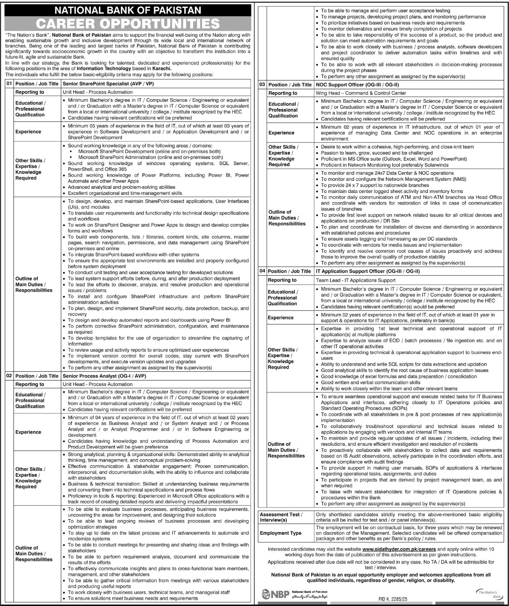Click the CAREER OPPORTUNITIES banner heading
[x=128, y=24]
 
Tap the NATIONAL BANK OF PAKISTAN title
[x=128, y=10]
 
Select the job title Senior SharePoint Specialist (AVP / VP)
[x=108, y=84]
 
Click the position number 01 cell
[x=9, y=83]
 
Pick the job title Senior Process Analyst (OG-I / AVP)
[x=104, y=376]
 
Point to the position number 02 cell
[x=9, y=376]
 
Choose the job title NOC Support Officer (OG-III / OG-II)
[x=357, y=85]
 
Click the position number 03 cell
[x=262, y=85]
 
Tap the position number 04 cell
[x=262, y=271]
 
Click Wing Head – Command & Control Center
[x=356, y=93]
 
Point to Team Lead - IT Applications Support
[x=356, y=280]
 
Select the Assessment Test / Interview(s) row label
[x=281, y=517]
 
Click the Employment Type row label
[x=281, y=533]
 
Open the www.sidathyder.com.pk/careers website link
[x=399, y=549]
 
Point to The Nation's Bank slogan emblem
[x=490, y=594]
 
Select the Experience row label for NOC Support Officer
[x=281, y=133]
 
